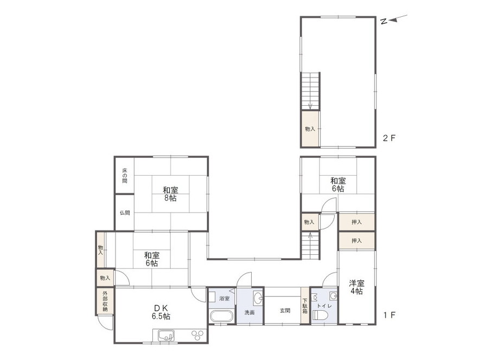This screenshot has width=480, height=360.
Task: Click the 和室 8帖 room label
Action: pyautogui.click(x=170, y=194)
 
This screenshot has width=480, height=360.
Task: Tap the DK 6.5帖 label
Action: pyautogui.click(x=161, y=312)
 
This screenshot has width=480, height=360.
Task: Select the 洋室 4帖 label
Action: pyautogui.click(x=357, y=287)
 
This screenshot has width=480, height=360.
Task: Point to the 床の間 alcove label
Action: pyautogui.click(x=125, y=176)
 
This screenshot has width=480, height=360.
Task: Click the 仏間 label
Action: pyautogui.click(x=125, y=213)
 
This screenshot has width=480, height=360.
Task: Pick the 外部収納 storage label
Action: pyautogui.click(x=105, y=300)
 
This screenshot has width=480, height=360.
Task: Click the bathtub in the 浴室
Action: pyautogui.click(x=221, y=316)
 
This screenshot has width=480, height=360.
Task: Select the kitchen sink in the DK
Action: pyautogui.click(x=166, y=336)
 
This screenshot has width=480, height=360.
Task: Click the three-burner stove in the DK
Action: pyautogui.click(x=197, y=335)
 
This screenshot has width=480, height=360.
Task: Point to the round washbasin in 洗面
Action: pyautogui.click(x=258, y=297)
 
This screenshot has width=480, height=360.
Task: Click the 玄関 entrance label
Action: pyautogui.click(x=285, y=311)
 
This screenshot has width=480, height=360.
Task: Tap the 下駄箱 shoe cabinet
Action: pyautogui.click(x=305, y=305)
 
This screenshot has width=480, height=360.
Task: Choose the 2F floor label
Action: pyautogui.click(x=389, y=138)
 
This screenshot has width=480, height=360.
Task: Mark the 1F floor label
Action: pyautogui.click(x=389, y=315)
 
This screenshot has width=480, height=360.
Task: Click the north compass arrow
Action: pyautogui.click(x=398, y=18)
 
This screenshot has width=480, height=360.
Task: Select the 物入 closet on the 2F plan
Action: pyautogui.click(x=310, y=129)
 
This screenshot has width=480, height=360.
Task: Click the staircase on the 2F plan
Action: pyautogui.click(x=310, y=91)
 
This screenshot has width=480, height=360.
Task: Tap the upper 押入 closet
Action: pyautogui.click(x=357, y=222)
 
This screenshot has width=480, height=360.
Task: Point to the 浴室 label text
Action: pyautogui.click(x=225, y=299)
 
